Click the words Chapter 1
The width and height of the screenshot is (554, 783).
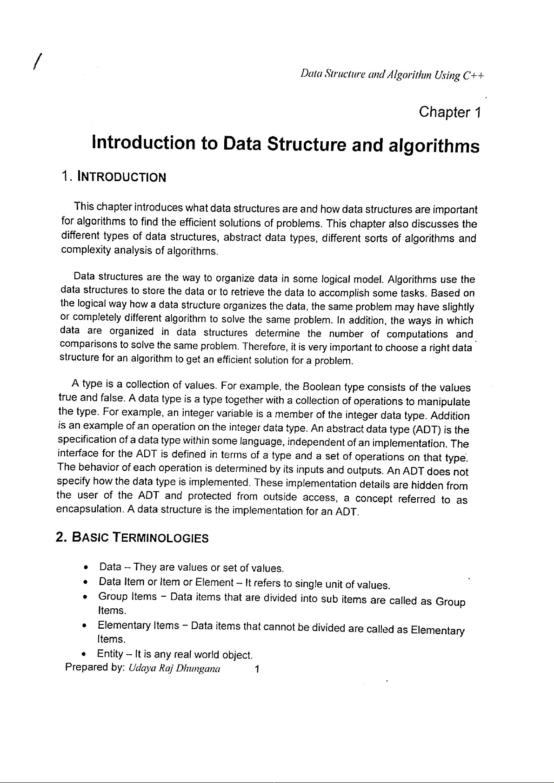pyautogui.click(x=449, y=112)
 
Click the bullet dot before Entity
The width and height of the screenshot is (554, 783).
pyautogui.click(x=84, y=655)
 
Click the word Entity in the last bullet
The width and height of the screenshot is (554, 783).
pyautogui.click(x=110, y=654)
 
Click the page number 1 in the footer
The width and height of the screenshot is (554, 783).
pyautogui.click(x=257, y=670)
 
